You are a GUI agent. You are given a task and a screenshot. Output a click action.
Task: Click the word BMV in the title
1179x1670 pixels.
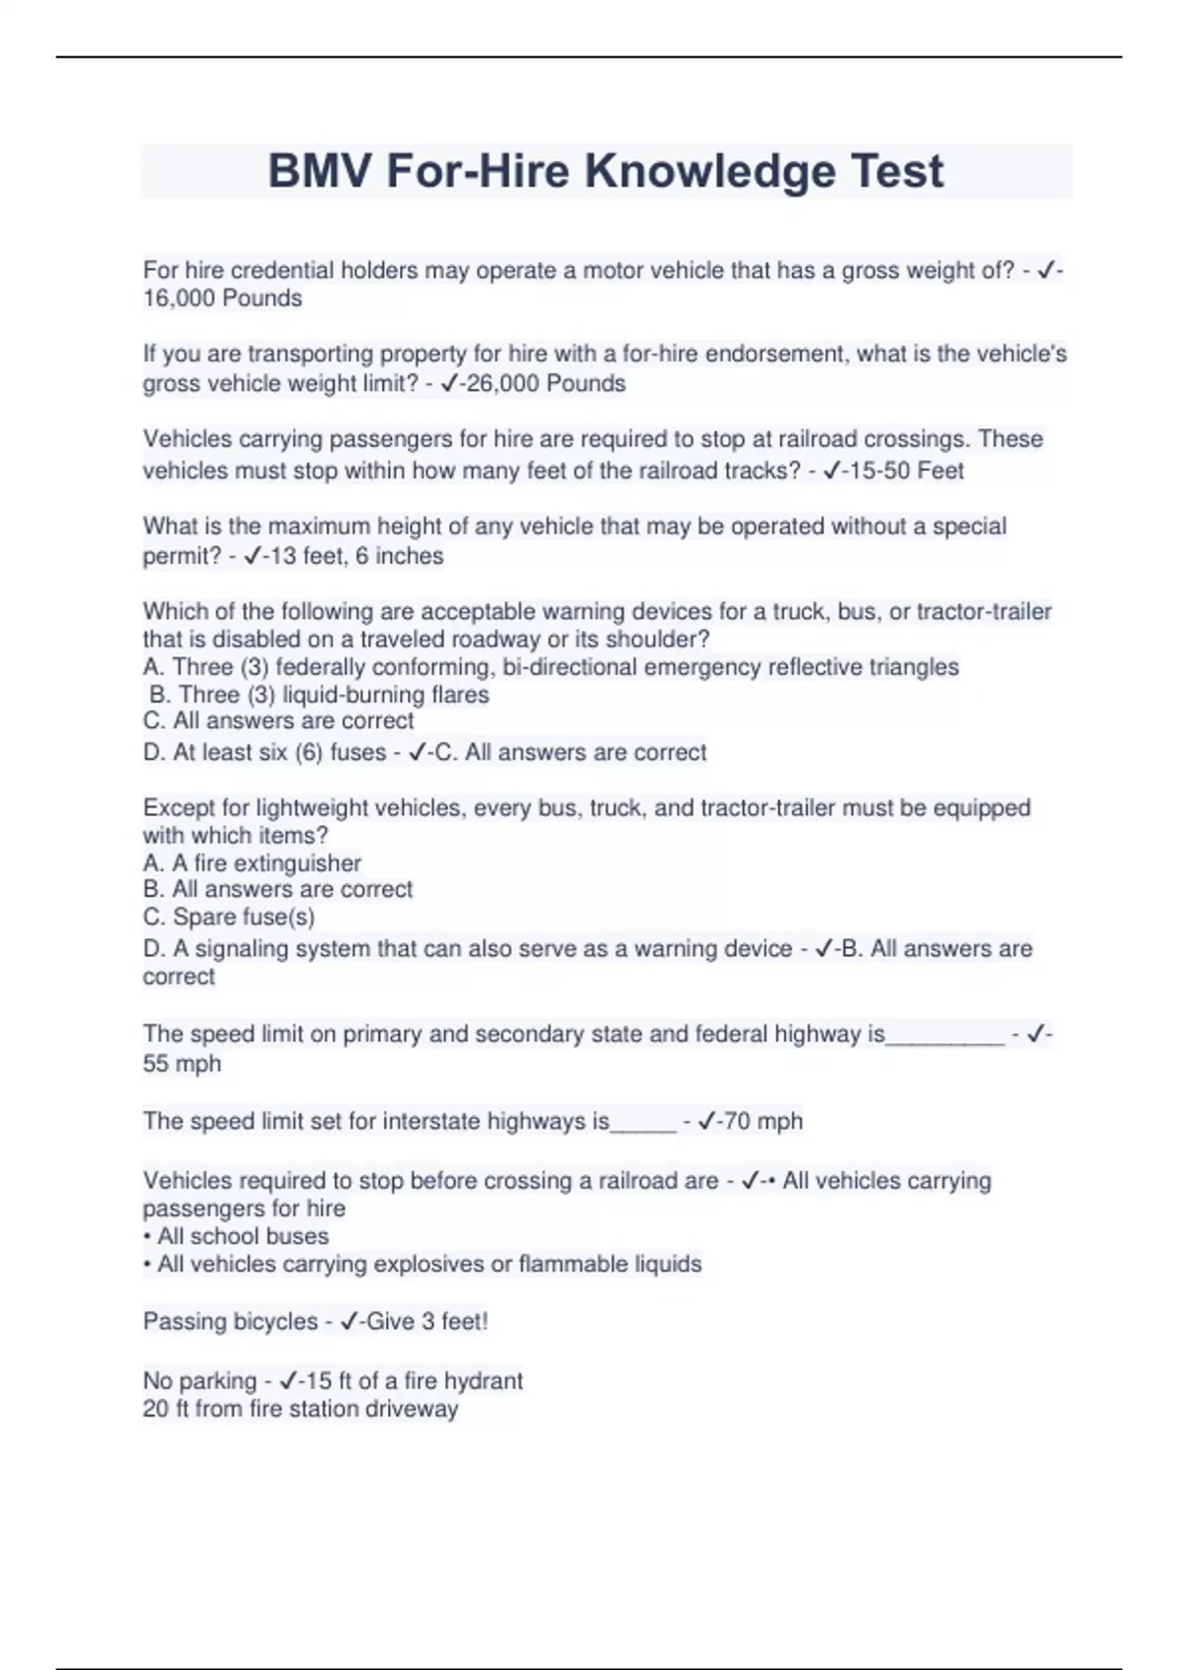(320, 171)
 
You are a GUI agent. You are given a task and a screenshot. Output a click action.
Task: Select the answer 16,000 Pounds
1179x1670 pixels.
(222, 299)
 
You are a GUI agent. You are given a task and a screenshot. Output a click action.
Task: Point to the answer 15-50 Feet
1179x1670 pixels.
(907, 471)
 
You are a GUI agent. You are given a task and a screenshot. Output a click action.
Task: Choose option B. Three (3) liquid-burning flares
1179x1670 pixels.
(319, 695)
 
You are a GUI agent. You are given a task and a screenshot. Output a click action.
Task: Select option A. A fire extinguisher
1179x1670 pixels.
(253, 863)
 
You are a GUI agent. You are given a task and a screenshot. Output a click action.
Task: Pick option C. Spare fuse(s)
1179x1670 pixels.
(229, 918)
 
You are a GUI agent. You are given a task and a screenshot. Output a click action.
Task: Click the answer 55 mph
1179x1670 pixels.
(182, 1064)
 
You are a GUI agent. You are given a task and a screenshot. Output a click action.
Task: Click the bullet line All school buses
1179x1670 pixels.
(236, 1236)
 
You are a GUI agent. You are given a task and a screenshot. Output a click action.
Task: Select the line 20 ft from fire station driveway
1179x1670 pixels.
(301, 1409)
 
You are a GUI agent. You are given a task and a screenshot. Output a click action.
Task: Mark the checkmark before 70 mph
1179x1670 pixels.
(706, 1121)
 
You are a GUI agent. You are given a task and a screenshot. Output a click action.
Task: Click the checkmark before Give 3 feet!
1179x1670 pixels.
(349, 1321)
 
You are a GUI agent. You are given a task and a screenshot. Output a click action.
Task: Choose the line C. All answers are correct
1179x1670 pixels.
(278, 721)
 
